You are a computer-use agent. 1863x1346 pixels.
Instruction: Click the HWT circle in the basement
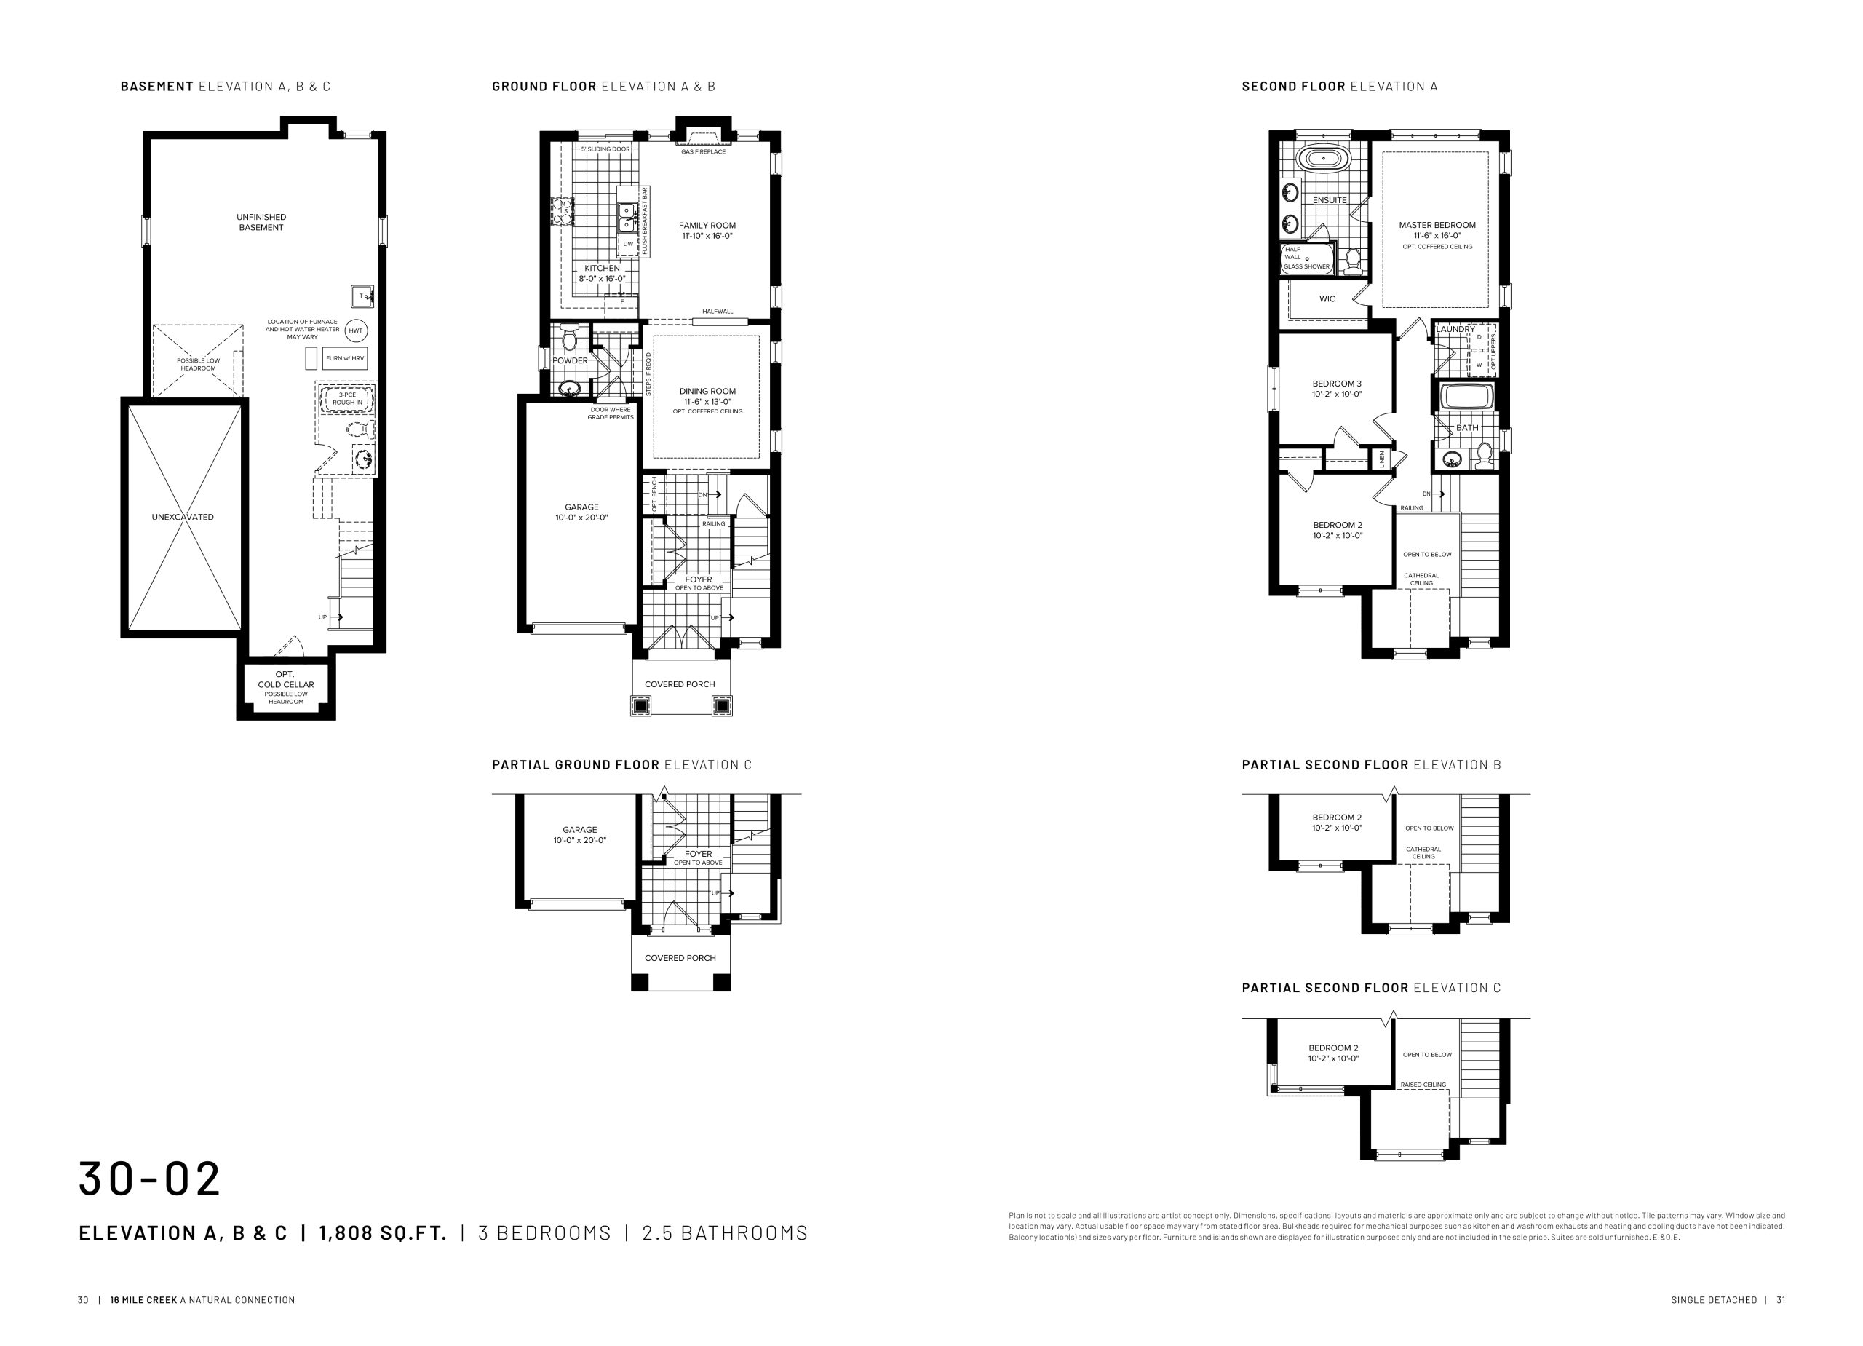click(x=356, y=331)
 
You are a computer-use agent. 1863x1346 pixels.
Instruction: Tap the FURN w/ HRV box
click(x=345, y=358)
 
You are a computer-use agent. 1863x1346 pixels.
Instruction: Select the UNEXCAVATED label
click(x=183, y=517)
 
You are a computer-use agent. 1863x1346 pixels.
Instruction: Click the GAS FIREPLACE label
click(x=703, y=152)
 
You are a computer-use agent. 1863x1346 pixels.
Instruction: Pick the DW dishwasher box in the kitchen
click(x=628, y=244)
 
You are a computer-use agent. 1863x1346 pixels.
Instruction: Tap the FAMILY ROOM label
click(x=707, y=225)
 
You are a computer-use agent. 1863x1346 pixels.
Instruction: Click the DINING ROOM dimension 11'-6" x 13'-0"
click(x=707, y=402)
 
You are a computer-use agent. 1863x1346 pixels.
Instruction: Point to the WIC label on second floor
click(x=1327, y=299)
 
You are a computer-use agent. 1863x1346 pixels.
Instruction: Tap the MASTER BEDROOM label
click(x=1437, y=225)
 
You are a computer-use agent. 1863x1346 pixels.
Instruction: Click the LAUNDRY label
click(x=1455, y=330)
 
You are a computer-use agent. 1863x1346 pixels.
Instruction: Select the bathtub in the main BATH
click(x=1468, y=397)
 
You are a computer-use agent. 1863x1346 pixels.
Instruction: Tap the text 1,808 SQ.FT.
click(x=383, y=1232)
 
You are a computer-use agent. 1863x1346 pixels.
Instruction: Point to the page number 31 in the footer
click(x=1781, y=1300)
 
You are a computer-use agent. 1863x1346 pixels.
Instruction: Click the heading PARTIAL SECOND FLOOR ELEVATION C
click(x=1371, y=988)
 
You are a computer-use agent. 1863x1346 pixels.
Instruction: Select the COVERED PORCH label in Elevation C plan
click(x=680, y=958)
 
